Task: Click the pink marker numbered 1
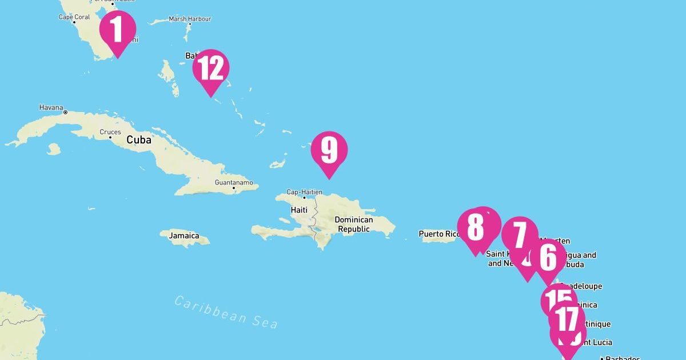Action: pyautogui.click(x=118, y=29)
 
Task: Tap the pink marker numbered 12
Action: pyautogui.click(x=211, y=68)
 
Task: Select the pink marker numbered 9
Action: pyautogui.click(x=329, y=150)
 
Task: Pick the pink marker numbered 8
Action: pyautogui.click(x=475, y=227)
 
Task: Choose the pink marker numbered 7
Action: pyautogui.click(x=519, y=235)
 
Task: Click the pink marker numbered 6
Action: pyautogui.click(x=548, y=258)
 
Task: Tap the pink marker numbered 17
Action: pyautogui.click(x=567, y=319)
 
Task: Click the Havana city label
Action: pyautogui.click(x=51, y=107)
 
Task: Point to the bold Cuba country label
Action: pyautogui.click(x=139, y=140)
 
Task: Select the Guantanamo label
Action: pyautogui.click(x=233, y=183)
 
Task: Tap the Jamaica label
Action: pyautogui.click(x=184, y=235)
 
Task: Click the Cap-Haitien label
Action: pyautogui.click(x=304, y=193)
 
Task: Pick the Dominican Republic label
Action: pyautogui.click(x=353, y=225)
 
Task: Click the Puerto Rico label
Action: pyautogui.click(x=438, y=234)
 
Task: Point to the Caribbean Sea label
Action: pyautogui.click(x=226, y=312)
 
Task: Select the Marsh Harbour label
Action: pyautogui.click(x=190, y=19)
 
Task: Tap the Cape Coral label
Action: pyautogui.click(x=74, y=17)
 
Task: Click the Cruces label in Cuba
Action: pyautogui.click(x=110, y=132)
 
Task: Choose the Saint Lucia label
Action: pyautogui.click(x=595, y=342)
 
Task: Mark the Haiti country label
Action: pyautogui.click(x=299, y=210)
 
